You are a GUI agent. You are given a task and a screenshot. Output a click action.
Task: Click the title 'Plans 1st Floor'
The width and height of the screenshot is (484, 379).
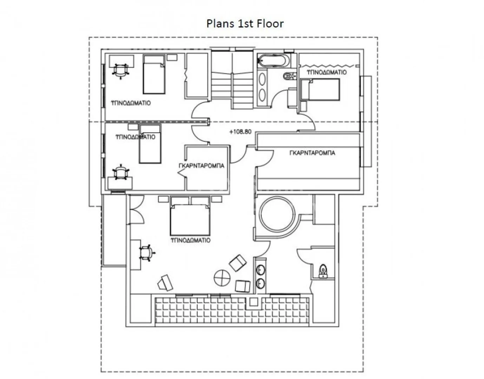coord(245,24)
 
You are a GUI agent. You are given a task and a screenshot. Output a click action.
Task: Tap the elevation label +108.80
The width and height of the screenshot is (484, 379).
coord(240,132)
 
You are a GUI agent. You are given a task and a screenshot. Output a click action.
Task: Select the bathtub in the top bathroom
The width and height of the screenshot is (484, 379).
coord(273,60)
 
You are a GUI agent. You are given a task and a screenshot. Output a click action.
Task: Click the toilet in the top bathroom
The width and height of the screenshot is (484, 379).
coord(289,76)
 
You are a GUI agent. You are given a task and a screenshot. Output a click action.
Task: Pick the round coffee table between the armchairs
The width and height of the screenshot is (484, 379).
coord(222,278)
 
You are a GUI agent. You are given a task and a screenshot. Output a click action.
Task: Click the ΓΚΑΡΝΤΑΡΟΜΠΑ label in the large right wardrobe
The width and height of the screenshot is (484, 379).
coord(312,153)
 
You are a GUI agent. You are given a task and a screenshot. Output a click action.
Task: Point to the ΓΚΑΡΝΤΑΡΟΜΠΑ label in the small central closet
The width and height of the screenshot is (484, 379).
coord(202,166)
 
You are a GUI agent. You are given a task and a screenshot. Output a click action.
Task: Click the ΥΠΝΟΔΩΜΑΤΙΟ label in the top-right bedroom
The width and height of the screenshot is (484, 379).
coord(327,72)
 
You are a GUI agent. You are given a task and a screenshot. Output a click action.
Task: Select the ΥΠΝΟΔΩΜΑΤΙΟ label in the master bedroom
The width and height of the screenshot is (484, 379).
coord(191,240)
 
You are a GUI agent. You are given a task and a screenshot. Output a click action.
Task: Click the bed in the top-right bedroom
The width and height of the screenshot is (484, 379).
coord(320,89)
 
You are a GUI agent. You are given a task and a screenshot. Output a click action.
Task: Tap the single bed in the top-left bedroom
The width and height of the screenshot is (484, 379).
coord(154,74)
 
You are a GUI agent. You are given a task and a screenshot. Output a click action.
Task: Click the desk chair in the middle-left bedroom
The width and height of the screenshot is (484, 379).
coord(121,172)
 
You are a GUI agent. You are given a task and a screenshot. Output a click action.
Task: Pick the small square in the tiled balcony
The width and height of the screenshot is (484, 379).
coord(253,302)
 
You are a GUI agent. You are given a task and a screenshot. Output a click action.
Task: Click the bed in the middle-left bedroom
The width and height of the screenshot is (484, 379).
coord(150,144)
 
